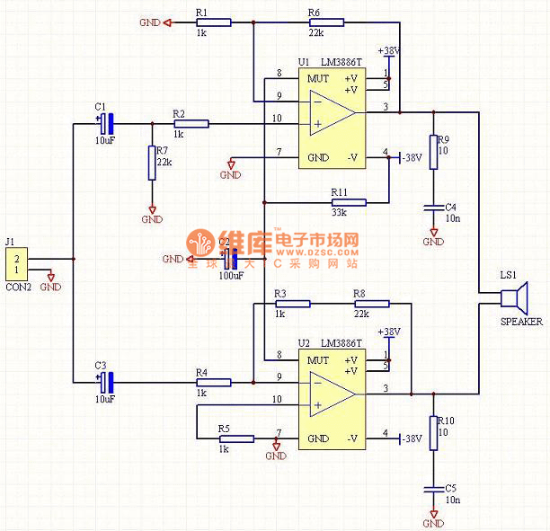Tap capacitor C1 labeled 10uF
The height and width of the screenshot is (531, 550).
[106, 123]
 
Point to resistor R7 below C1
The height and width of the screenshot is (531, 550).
[152, 163]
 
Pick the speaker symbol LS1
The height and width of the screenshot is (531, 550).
[517, 297]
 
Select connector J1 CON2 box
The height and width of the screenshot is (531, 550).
[16, 265]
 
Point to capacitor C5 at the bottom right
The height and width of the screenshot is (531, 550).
[433, 489]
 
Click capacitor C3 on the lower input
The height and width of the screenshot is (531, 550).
[106, 382]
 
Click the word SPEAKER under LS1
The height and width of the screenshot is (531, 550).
[522, 322]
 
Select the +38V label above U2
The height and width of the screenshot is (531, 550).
[389, 332]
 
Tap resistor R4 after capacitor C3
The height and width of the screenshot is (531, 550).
[213, 382]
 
